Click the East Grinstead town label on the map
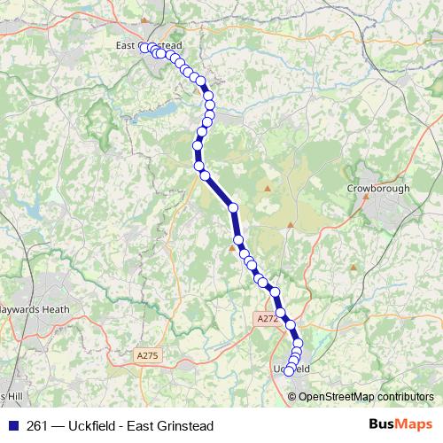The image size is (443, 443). [148, 45]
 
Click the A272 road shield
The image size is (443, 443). [266, 318]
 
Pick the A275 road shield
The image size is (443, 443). [147, 355]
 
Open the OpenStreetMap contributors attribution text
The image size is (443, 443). [367, 396]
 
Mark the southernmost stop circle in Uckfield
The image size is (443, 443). [288, 372]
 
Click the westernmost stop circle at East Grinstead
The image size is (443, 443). [144, 49]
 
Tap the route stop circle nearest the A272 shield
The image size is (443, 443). [282, 313]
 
